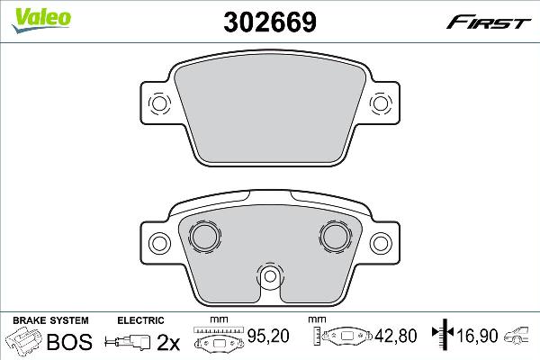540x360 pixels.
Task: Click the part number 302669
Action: [x=269, y=20]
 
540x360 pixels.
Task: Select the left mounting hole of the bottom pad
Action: [x=159, y=242]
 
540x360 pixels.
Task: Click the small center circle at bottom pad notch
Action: [x=269, y=277]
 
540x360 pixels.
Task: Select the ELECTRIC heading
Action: [x=140, y=319]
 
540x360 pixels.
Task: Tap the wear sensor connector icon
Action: [x=127, y=341]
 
